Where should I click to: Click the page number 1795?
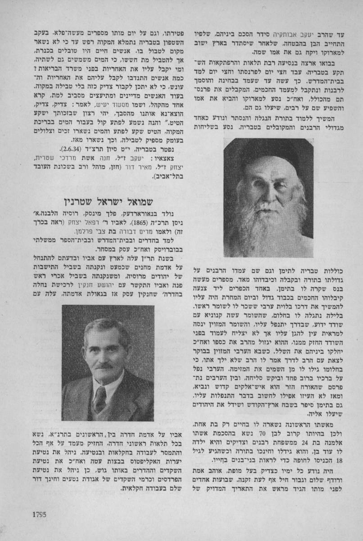click(40, 514)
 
